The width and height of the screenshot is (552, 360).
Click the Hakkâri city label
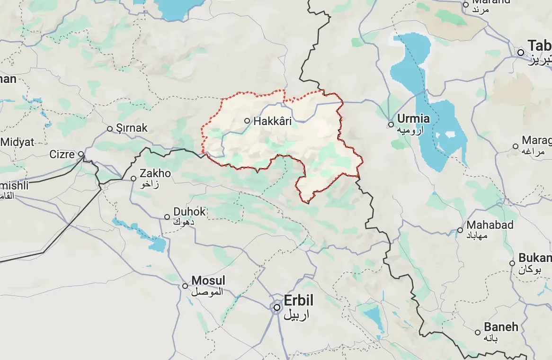272,121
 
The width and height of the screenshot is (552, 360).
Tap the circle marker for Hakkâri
247,121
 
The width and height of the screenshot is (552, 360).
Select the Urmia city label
413,118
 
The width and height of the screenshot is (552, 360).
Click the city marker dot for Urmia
391,125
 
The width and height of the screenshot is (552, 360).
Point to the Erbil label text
298,300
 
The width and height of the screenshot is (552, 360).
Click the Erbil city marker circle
277,307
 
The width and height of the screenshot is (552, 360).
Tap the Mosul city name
208,280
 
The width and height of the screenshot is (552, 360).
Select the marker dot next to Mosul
185,286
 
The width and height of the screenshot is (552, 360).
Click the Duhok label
189,212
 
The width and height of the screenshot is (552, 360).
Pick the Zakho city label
155,174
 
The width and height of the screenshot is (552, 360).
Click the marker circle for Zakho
134,179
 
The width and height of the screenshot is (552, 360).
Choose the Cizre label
62,154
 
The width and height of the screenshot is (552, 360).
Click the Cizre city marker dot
81,154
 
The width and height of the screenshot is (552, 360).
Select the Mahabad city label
490,225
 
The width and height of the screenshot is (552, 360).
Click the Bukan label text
535,258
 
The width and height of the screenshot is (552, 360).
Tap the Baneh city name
500,327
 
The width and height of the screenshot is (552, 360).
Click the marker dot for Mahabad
460,231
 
